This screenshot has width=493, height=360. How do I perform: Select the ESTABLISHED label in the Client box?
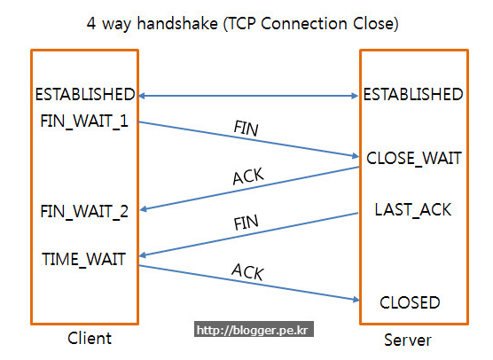click(85, 94)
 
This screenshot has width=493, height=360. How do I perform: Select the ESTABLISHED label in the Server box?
click(413, 94)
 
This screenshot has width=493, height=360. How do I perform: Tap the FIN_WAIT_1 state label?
click(84, 120)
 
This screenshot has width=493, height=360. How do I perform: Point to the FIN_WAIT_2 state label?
click(84, 211)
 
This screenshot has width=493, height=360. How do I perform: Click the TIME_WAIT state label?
click(84, 259)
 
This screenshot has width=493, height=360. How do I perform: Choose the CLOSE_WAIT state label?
click(414, 159)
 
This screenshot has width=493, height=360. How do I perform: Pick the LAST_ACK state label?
click(412, 210)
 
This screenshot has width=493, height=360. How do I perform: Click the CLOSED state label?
click(410, 302)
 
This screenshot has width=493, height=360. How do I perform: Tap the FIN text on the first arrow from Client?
click(246, 128)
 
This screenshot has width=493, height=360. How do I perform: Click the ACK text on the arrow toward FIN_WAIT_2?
click(247, 176)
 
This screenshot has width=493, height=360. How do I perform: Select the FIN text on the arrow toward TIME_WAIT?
click(246, 223)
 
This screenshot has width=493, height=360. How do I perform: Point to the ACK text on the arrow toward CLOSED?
click(247, 271)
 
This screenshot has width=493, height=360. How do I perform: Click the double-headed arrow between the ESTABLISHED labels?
click(248, 95)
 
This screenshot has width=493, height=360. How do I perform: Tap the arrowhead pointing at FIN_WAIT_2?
click(145, 209)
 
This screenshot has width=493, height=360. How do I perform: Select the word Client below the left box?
click(90, 338)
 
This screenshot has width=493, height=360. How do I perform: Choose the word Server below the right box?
click(408, 340)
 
